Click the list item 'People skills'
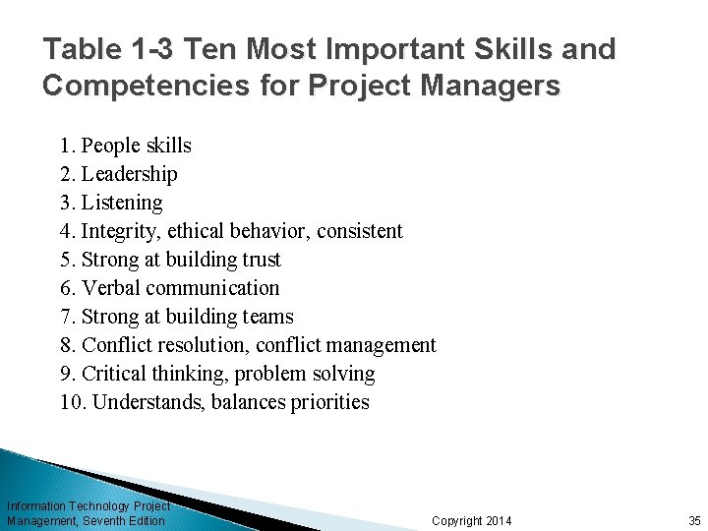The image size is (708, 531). coord(137,147)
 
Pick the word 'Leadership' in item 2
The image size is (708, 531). coord(130,175)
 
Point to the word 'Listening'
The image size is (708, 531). coord(123,204)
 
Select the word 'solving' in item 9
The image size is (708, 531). coord(343,374)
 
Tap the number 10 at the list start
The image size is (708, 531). coord(71,402)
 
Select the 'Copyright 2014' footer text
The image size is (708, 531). coord(472,520)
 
